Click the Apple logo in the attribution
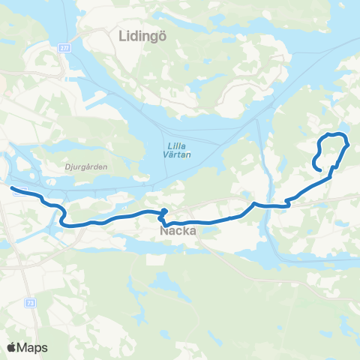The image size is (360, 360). point(12,347)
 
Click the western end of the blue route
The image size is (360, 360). point(13,188)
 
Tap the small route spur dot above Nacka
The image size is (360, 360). point(164,211)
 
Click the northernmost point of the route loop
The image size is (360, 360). point(335,133)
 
